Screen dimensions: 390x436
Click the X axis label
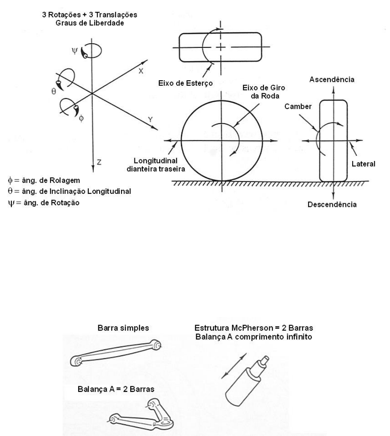[141, 71]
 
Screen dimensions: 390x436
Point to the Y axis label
[150, 119]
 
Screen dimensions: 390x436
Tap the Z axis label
[99, 162]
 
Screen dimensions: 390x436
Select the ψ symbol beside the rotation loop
[74, 51]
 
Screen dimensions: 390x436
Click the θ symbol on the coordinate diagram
[54, 92]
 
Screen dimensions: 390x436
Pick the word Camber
[298, 106]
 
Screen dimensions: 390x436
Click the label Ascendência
[332, 79]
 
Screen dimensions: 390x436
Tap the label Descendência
[332, 205]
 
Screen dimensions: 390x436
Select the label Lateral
[364, 164]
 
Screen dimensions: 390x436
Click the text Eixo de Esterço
[185, 83]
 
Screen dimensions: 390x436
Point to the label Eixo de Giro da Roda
[264, 92]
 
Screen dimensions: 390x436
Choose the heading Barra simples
[123, 328]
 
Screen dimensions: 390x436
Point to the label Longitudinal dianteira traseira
[155, 165]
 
